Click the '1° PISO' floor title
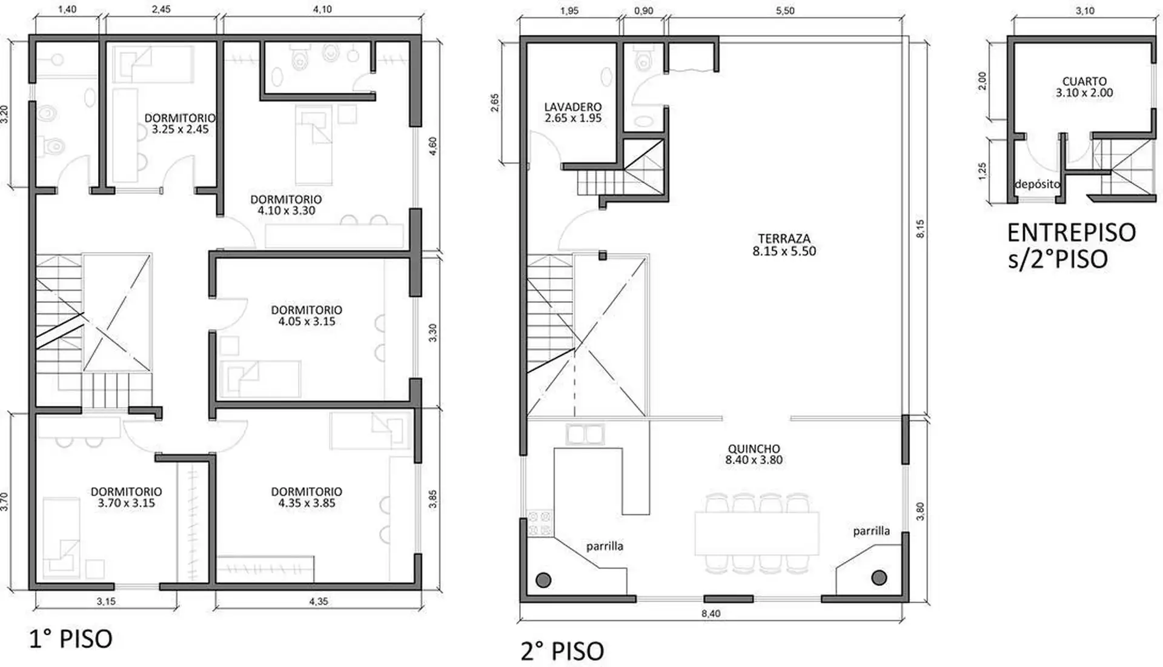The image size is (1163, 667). (71, 639)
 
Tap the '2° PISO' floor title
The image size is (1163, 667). (562, 651)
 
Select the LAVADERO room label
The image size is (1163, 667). (573, 113)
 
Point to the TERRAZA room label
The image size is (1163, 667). (784, 245)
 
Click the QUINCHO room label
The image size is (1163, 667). (754, 454)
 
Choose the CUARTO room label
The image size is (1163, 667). (1084, 87)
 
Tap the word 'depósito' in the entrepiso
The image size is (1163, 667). (1038, 184)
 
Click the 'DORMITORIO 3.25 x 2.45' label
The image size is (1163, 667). (180, 124)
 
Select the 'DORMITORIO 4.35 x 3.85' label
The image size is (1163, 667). (306, 497)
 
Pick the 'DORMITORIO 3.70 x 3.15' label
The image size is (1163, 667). (127, 497)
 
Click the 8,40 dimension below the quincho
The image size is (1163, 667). (711, 614)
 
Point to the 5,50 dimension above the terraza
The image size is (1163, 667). (785, 11)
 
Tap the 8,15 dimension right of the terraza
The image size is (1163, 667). (920, 228)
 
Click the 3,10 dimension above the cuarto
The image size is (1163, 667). (1085, 11)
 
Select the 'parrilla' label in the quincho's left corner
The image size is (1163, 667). (605, 546)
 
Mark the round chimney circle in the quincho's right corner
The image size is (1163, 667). (879, 578)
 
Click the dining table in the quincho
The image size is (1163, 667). (757, 533)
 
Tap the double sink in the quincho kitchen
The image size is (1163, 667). (585, 434)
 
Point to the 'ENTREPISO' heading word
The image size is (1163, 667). (1072, 233)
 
